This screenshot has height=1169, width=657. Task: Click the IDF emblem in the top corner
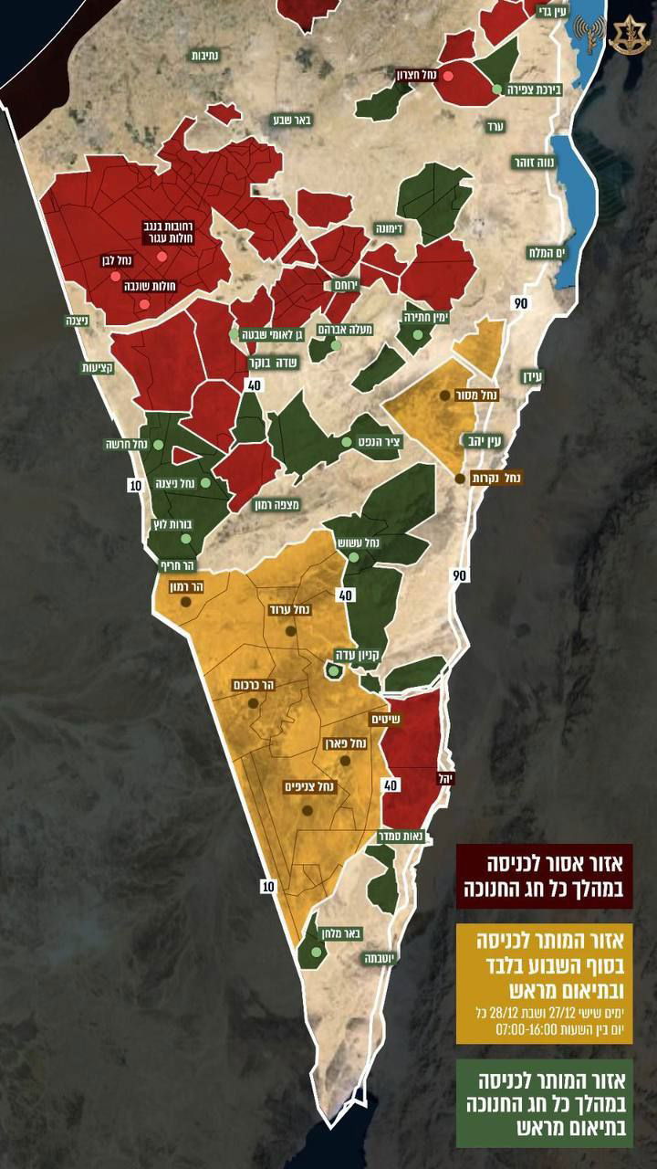pos(631,36)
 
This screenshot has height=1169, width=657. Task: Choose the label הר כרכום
pos(255,684)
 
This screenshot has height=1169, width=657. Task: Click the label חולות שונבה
pos(151,286)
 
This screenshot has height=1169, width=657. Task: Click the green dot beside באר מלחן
pos(316,952)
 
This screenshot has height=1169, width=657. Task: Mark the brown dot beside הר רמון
pos(186,602)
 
